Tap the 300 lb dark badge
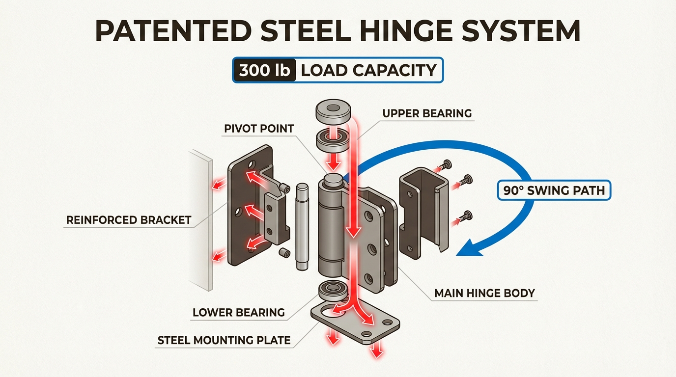[x=264, y=70]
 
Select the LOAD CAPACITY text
[x=368, y=70]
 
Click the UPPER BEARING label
[x=427, y=113]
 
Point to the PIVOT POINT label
[x=259, y=129]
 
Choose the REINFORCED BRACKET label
[x=129, y=220]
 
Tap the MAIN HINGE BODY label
[x=484, y=294]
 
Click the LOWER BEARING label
[x=239, y=312]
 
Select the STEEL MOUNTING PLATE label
[x=224, y=340]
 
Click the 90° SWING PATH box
[x=554, y=190]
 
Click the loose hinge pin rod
[x=302, y=226]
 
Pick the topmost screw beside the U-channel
[x=446, y=164]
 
